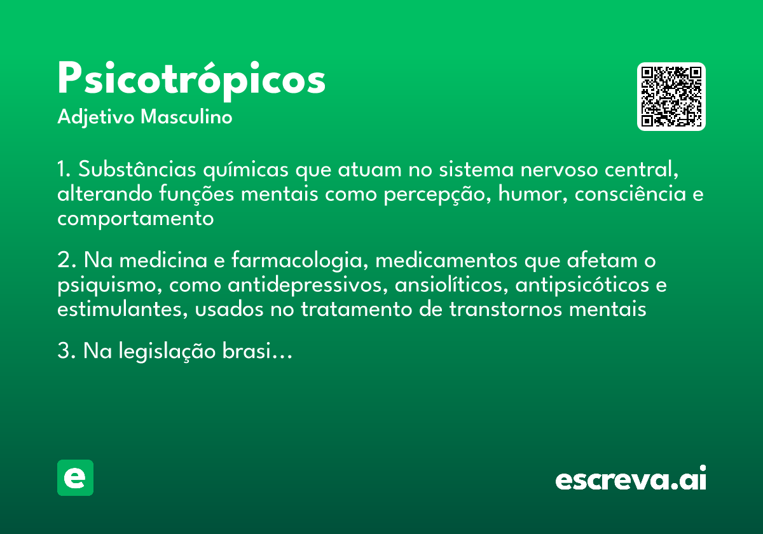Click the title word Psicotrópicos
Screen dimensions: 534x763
click(x=191, y=80)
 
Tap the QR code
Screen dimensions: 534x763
click(x=671, y=97)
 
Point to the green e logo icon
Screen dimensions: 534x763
click(x=75, y=477)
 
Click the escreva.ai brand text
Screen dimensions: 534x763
click(x=631, y=479)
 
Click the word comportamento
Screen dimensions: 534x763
click(x=135, y=219)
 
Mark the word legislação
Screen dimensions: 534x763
click(x=160, y=352)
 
